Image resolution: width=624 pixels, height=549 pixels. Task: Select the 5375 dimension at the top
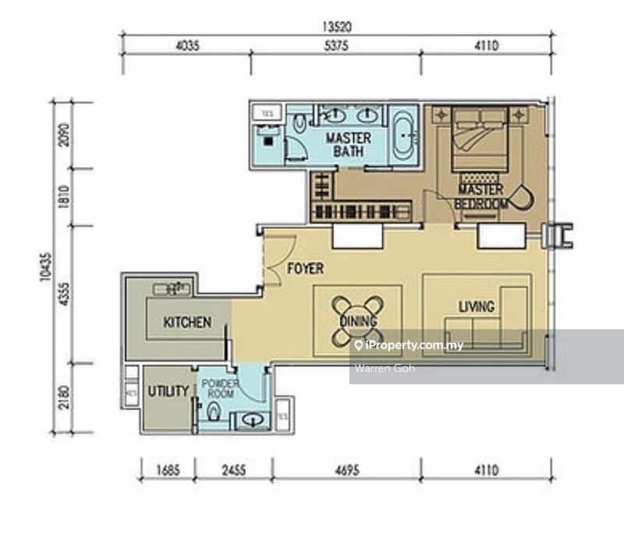point(336,46)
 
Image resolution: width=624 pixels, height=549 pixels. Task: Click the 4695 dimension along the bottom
point(346,469)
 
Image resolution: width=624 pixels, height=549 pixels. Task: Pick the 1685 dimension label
point(167,469)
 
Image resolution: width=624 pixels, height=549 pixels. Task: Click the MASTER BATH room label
point(348,144)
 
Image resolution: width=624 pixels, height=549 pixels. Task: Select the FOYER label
point(306,269)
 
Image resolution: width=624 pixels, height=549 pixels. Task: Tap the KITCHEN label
point(187,322)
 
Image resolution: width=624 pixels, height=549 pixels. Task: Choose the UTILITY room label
point(168,391)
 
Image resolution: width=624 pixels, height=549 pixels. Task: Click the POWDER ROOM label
point(218,388)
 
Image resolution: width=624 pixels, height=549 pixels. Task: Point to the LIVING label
point(476,306)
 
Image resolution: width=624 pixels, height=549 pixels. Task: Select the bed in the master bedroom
point(480,136)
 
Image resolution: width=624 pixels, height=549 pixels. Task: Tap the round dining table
point(358,320)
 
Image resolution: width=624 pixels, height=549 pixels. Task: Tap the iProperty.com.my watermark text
point(409,345)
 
